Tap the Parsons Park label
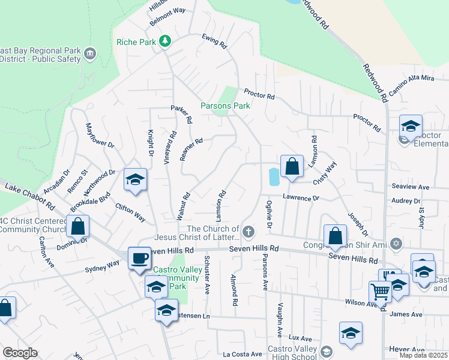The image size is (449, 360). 225,106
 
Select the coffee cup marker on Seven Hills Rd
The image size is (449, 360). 139,259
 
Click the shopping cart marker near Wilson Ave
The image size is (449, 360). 380,292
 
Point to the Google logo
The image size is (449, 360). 20,353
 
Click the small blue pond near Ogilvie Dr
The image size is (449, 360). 274,176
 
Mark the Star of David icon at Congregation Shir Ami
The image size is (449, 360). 395,244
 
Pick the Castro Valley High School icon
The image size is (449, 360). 327,352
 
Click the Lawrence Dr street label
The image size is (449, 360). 301,198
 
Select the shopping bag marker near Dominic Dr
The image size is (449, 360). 78,227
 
